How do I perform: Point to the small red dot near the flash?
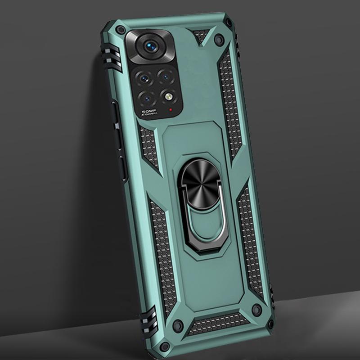coord(171,109)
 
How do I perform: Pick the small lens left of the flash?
coord(146,96)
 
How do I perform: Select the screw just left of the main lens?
coord(121,31)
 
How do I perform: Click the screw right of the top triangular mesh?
coord(219,38)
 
